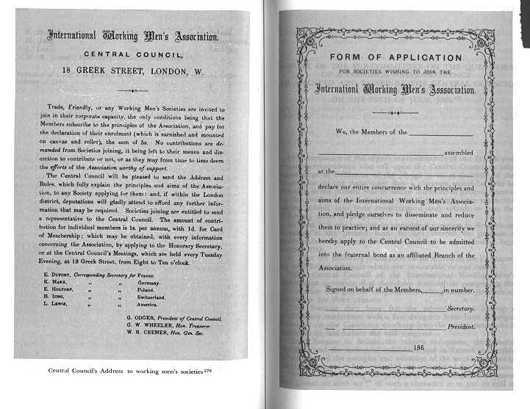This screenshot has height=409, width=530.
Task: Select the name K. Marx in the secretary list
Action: [x=56, y=282]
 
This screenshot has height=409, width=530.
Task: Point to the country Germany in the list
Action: [x=148, y=282]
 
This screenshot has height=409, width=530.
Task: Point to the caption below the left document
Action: [x=125, y=370]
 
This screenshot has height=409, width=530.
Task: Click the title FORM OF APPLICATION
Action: [x=395, y=58]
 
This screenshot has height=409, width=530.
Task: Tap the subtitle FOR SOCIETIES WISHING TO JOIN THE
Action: [x=395, y=72]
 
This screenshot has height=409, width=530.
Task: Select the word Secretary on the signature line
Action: [x=460, y=309]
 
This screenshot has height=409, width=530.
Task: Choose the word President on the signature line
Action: [x=460, y=326]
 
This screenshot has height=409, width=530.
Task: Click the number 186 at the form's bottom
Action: [x=420, y=347]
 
